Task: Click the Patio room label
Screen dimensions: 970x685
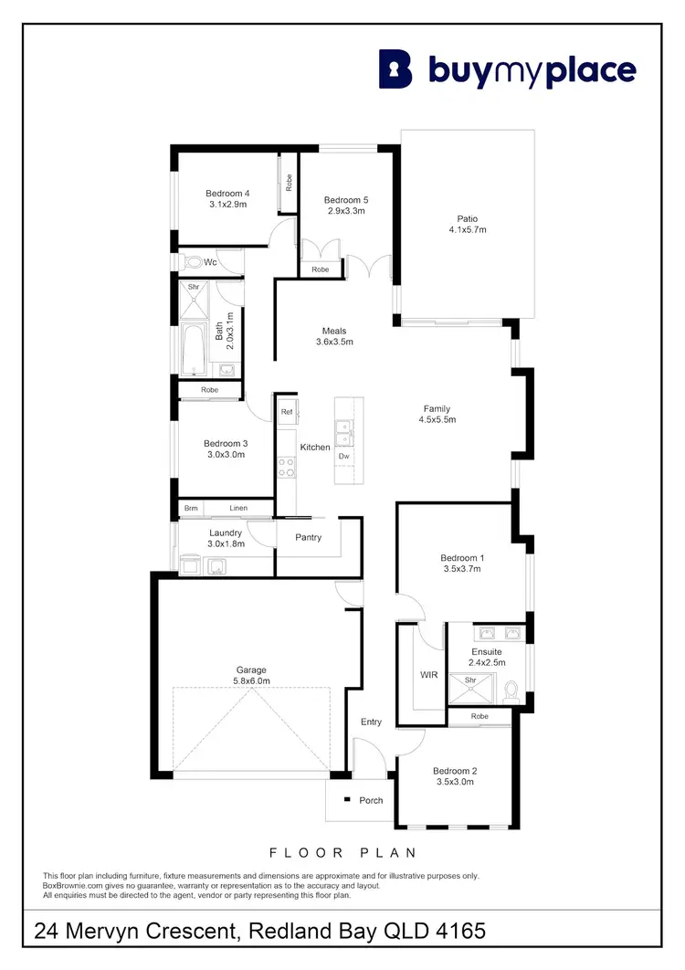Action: click(x=468, y=218)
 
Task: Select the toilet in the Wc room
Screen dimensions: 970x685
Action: click(x=193, y=262)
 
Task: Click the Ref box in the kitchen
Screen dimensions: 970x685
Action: click(x=287, y=412)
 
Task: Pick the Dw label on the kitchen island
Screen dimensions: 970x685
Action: click(x=343, y=455)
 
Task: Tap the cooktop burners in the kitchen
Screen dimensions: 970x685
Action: click(x=286, y=467)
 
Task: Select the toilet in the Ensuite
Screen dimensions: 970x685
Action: click(x=511, y=691)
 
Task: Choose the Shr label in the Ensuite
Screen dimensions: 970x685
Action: click(x=471, y=680)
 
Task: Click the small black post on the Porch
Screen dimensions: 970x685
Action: click(x=347, y=800)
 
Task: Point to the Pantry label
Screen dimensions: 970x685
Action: click(x=309, y=537)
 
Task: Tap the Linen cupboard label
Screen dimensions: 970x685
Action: click(x=238, y=509)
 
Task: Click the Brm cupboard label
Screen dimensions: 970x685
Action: click(x=191, y=509)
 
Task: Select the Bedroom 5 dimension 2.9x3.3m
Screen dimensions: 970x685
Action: click(x=347, y=211)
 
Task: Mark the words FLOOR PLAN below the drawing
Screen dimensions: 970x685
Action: click(x=342, y=852)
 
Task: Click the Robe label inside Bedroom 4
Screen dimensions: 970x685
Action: click(x=289, y=182)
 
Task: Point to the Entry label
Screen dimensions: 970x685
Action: click(x=371, y=722)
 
